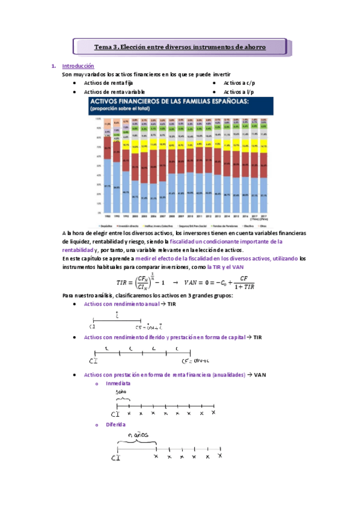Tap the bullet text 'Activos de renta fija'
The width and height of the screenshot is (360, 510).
pyautogui.click(x=109, y=84)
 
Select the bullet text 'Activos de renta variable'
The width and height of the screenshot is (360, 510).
pyautogui.click(x=114, y=92)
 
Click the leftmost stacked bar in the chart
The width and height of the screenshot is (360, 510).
pyautogui.click(x=107, y=167)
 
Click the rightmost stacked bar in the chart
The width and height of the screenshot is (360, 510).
pyautogui.click(x=264, y=167)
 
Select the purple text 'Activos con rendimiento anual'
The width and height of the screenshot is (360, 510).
pyautogui.click(x=122, y=304)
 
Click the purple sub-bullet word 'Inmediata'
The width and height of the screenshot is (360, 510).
pyautogui.click(x=118, y=383)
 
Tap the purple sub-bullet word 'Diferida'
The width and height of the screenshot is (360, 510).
pyautogui.click(x=115, y=424)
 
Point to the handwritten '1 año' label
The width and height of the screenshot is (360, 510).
pyautogui.click(x=122, y=392)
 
